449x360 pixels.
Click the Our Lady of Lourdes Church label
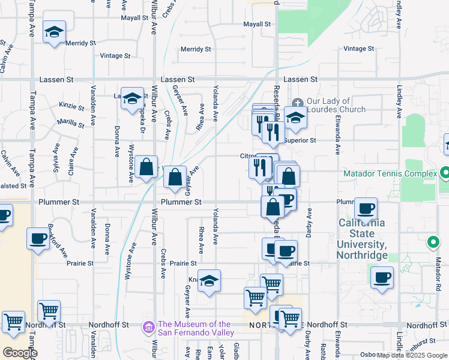pos(336,105)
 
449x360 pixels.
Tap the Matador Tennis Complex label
pos(390,174)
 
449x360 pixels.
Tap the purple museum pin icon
pos(147,328)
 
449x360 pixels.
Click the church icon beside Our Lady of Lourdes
pos(298,101)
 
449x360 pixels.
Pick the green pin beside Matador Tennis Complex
pos(445,173)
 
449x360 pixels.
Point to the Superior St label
pos(300,140)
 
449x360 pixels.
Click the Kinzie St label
pos(72,107)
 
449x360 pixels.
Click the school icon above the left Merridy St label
pos(54,32)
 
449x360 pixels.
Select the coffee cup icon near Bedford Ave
pos(38,239)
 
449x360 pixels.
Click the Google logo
pos(20,353)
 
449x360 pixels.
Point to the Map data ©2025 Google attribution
pos(412,355)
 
